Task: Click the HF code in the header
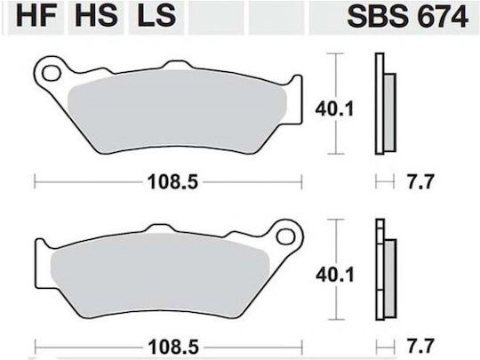[x=36, y=15]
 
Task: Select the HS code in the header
[x=96, y=15]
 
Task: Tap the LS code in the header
[x=156, y=15]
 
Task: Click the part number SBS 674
[x=407, y=16]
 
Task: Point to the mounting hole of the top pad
[x=51, y=74]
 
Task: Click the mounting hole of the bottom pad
[x=285, y=236]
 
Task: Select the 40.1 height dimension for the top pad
[x=334, y=109]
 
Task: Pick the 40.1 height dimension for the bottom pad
[x=335, y=275]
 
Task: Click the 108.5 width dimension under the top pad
[x=173, y=182]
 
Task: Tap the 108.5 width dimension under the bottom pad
[x=173, y=348]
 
